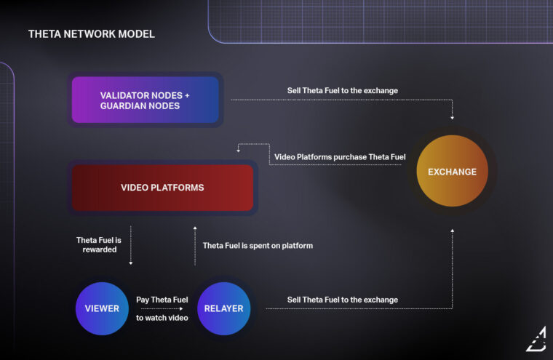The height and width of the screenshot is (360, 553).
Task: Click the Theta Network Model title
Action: (x=91, y=34)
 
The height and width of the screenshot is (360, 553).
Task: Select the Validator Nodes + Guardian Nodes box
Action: (x=145, y=100)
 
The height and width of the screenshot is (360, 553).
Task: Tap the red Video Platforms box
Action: (x=162, y=188)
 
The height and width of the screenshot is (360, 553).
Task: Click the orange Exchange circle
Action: (x=452, y=172)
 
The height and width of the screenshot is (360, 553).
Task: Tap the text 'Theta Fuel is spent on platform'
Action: (x=258, y=246)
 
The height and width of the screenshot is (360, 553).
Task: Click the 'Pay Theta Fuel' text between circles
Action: (x=162, y=300)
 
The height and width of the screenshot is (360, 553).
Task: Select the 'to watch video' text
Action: (x=162, y=318)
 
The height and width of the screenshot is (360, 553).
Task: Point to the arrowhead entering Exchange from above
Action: (x=453, y=116)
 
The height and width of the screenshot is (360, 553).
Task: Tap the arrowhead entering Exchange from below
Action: (x=453, y=231)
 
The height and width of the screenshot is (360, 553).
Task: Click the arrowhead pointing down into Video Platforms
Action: (x=239, y=153)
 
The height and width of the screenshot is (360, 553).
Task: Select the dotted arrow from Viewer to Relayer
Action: (x=162, y=309)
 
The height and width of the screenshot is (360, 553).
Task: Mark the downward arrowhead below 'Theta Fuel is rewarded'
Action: (x=131, y=263)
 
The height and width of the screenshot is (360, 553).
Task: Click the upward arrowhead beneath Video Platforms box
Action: (x=194, y=228)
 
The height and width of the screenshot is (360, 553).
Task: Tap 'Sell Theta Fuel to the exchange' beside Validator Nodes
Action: (x=342, y=91)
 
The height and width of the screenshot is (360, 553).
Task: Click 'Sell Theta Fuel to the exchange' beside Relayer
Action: (x=342, y=300)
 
